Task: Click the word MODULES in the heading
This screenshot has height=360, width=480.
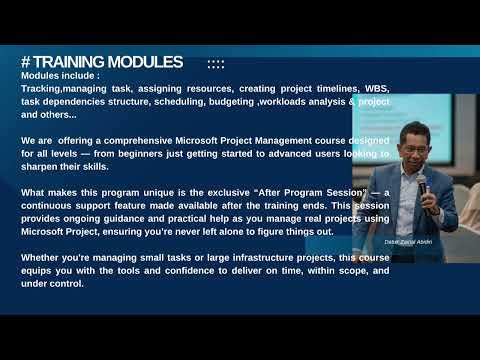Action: coord(145,62)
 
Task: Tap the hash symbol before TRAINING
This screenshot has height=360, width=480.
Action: coord(26,62)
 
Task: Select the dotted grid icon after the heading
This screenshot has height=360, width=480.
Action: coord(215,63)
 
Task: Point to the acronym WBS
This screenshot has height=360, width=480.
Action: coord(374,88)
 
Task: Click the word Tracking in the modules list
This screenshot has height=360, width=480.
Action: coord(41,88)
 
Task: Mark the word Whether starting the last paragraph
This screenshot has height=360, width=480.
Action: coord(42,258)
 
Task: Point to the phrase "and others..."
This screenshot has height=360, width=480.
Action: coord(53,115)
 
